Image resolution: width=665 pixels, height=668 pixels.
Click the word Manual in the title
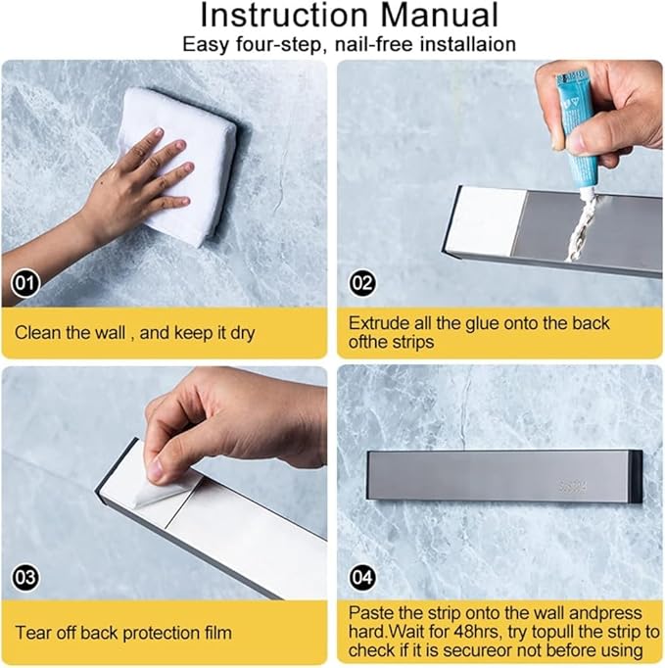[440, 16]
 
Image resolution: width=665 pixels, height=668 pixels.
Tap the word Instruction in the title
[284, 16]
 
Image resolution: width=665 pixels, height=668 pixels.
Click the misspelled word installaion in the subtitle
[468, 44]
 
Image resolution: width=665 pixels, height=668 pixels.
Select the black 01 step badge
[24, 283]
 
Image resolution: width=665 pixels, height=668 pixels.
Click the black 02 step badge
[362, 283]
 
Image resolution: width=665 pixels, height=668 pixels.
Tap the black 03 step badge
[24, 577]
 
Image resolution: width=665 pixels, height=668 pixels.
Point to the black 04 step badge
[362, 577]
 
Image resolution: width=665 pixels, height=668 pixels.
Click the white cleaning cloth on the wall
[183, 167]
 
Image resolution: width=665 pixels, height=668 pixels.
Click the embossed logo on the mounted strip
[572, 487]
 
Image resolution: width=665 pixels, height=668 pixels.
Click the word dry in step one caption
[243, 333]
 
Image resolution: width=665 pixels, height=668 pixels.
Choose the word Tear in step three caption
[33, 633]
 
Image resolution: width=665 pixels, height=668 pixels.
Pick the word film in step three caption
[215, 633]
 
